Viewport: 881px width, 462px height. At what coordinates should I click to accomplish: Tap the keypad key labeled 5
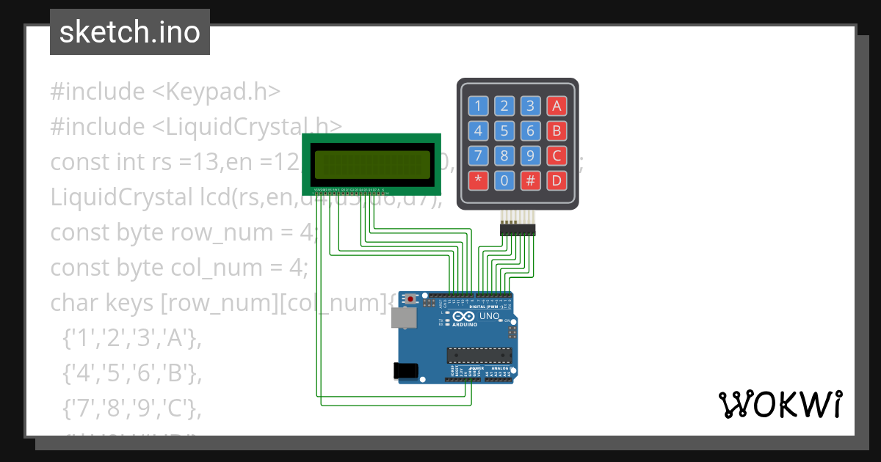click(x=504, y=131)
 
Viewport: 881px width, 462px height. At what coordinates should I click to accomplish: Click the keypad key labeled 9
click(x=530, y=155)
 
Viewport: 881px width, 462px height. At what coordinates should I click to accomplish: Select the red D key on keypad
click(x=556, y=180)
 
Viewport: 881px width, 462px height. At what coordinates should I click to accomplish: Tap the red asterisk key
click(x=478, y=180)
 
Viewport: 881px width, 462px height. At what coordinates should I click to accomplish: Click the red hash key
click(x=530, y=180)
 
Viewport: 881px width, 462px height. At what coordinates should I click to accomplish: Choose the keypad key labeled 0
click(x=504, y=180)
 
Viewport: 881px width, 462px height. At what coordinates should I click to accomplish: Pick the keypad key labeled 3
click(x=530, y=106)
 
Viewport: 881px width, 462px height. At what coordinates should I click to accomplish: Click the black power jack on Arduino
click(x=407, y=370)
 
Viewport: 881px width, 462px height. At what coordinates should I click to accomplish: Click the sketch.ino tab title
click(x=130, y=32)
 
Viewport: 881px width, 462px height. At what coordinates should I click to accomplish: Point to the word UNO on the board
click(x=489, y=317)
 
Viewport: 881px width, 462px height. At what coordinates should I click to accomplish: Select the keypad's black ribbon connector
click(x=518, y=230)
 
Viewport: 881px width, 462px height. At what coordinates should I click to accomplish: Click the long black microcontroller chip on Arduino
click(x=479, y=356)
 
